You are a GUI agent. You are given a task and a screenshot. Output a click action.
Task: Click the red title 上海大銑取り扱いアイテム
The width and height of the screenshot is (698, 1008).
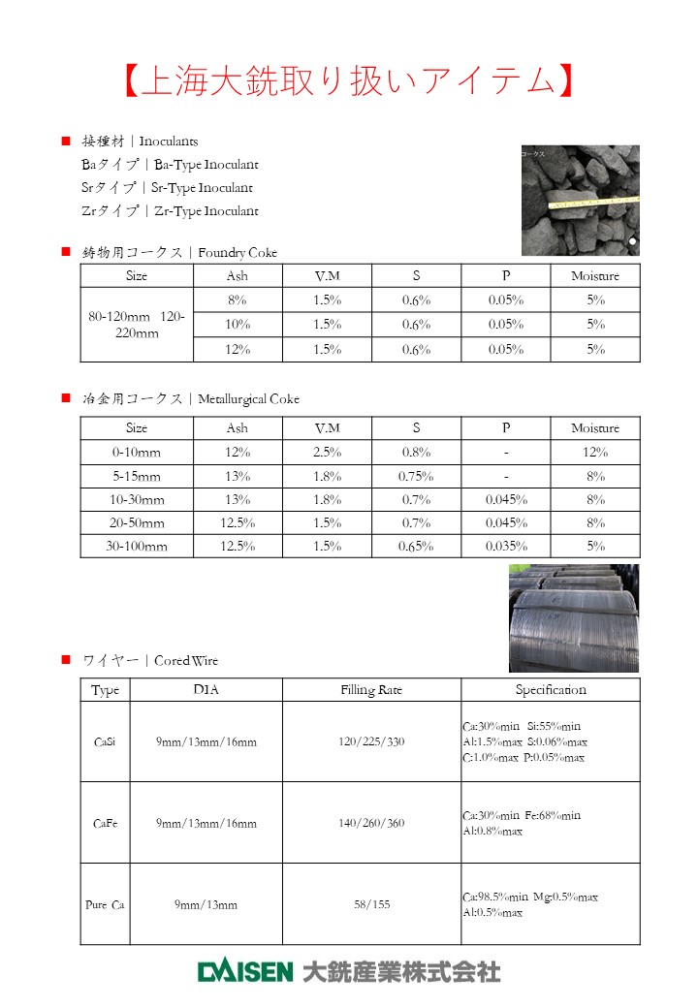[348, 81]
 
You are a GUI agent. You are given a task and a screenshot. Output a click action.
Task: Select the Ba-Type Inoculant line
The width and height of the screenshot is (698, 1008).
[170, 165]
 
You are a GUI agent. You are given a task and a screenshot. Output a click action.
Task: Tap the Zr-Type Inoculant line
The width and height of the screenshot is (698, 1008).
[170, 211]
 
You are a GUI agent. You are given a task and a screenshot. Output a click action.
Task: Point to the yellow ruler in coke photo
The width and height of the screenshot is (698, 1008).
[592, 201]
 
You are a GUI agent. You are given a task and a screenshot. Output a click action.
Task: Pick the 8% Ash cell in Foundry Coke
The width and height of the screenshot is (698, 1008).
[238, 300]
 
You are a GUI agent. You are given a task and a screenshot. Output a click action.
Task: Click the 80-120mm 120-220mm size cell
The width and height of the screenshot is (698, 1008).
[137, 325]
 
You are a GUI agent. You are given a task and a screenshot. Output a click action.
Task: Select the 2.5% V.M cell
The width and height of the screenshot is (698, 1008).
[328, 453]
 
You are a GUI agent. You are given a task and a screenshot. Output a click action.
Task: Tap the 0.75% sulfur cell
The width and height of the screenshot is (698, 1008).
[416, 477]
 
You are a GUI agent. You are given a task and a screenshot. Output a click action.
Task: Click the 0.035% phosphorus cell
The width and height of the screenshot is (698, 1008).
[506, 547]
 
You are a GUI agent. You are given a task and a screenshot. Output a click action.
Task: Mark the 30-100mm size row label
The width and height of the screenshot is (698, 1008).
[137, 547]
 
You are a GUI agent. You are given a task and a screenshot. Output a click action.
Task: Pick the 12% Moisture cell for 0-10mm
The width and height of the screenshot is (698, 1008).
[595, 453]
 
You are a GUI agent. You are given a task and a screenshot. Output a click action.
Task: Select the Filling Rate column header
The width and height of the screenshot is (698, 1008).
[371, 690]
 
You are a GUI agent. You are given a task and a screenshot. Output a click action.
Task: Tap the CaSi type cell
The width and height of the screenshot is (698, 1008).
[105, 742]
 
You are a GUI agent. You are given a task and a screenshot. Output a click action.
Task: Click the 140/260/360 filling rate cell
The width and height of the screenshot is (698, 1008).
[371, 824]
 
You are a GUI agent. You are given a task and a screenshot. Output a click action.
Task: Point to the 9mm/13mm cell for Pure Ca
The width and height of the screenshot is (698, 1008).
[206, 905]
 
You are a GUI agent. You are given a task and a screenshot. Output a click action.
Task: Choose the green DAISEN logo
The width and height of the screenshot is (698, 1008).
[245, 970]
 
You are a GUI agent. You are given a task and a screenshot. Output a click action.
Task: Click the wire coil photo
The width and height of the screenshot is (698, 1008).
[574, 618]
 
